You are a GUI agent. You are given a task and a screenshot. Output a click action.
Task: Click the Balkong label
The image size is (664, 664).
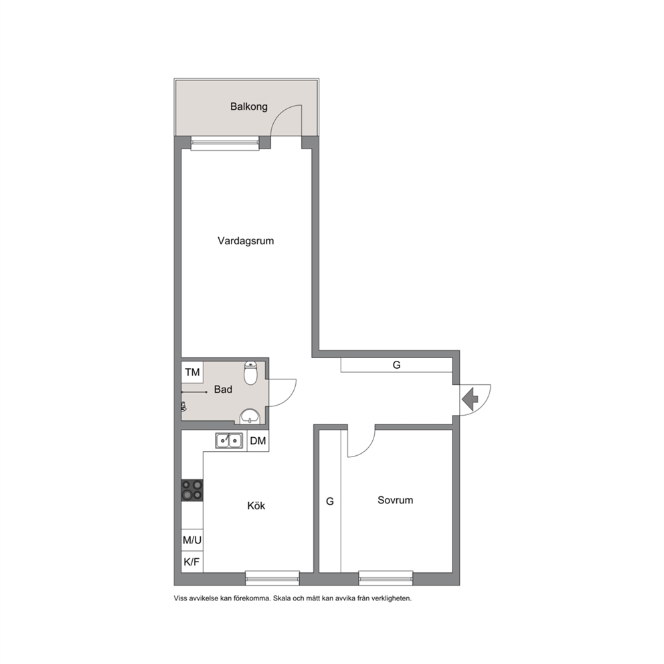pos(248,106)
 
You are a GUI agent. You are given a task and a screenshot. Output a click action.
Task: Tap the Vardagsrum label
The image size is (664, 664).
pos(246,241)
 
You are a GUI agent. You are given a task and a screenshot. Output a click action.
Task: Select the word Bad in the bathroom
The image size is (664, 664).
pos(223,390)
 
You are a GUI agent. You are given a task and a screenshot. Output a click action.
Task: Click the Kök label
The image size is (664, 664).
pos(256,505)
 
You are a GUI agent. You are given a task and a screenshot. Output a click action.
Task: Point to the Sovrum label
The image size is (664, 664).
pos(395,500)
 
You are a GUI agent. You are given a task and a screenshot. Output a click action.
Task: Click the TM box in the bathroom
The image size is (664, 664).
pos(192,372)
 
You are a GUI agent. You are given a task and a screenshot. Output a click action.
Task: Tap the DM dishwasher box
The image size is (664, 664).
pos(258,441)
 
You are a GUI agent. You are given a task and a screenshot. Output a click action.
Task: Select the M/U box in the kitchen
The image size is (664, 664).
pos(192,540)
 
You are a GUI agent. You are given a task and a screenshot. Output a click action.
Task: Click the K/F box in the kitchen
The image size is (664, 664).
pos(192,562)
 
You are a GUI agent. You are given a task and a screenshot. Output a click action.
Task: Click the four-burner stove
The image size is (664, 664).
pos(192,491)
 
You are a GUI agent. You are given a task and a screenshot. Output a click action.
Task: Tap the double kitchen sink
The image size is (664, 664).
pos(229,441)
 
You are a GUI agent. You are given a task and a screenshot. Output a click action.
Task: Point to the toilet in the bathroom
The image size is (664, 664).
pos(251,373)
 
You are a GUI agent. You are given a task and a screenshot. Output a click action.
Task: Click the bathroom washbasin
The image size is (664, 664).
pos(250,417)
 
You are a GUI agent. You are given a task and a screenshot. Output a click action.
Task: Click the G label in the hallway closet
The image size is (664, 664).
pos(396,365)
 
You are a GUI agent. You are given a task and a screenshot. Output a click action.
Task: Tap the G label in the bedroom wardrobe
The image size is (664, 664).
pos(330,501)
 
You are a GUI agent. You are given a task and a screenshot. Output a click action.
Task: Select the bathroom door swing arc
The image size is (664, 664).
pos(288,399)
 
